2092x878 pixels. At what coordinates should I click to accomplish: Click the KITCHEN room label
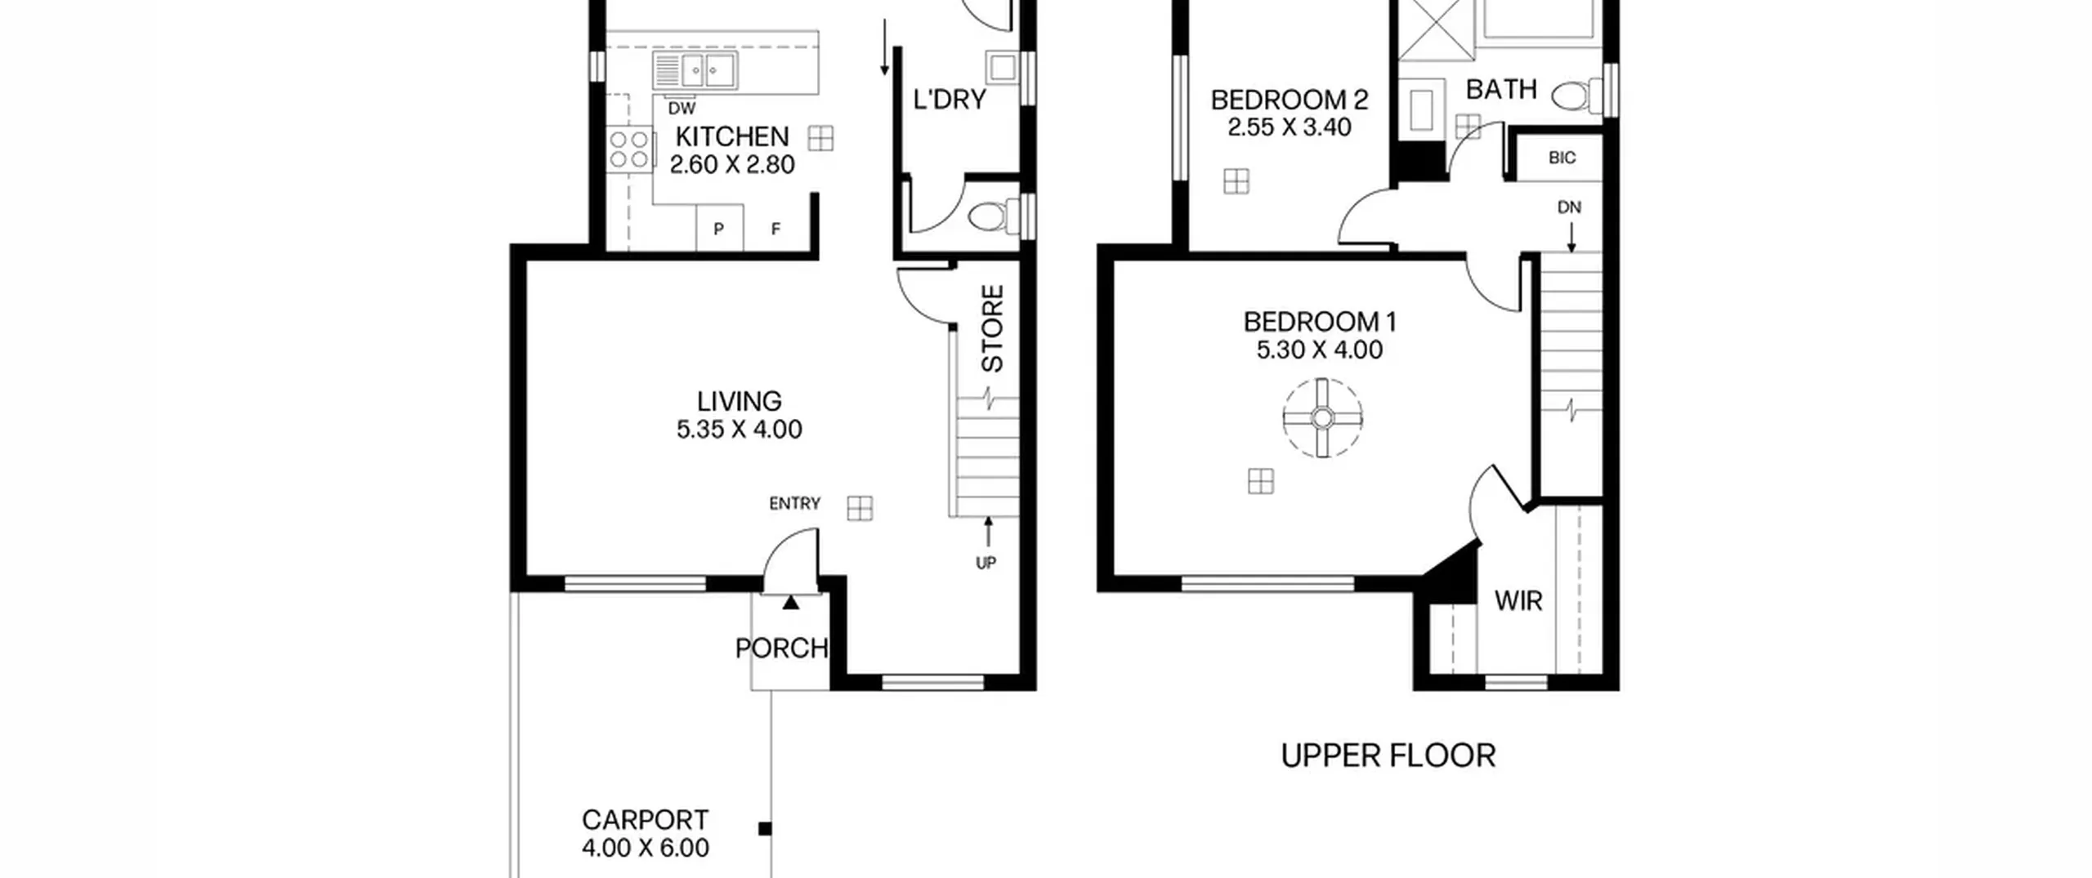pyautogui.click(x=732, y=136)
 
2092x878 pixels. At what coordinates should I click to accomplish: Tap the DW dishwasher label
pyautogui.click(x=682, y=109)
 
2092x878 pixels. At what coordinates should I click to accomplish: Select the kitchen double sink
pyautogui.click(x=695, y=70)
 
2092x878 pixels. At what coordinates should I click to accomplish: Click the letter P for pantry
pyautogui.click(x=718, y=230)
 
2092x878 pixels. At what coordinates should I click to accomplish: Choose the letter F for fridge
pyautogui.click(x=776, y=230)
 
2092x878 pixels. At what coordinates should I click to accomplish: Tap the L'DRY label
pyautogui.click(x=950, y=100)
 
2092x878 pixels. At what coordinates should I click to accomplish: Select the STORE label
pyautogui.click(x=992, y=328)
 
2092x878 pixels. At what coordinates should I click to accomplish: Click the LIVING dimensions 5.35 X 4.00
pyautogui.click(x=740, y=430)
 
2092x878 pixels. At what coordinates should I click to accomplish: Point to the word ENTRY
pyautogui.click(x=794, y=504)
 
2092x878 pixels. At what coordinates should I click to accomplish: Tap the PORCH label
pyautogui.click(x=782, y=648)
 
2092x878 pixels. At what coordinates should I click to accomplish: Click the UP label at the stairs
pyautogui.click(x=986, y=563)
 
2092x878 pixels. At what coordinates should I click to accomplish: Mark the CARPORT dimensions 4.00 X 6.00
pyautogui.click(x=646, y=848)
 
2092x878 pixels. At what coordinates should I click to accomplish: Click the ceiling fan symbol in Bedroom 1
pyautogui.click(x=1322, y=418)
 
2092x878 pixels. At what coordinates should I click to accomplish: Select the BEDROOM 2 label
pyautogui.click(x=1290, y=100)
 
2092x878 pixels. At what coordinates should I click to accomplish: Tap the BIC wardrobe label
pyautogui.click(x=1562, y=158)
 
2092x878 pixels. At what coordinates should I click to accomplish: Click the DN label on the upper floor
pyautogui.click(x=1569, y=207)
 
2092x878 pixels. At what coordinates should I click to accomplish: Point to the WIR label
pyautogui.click(x=1518, y=601)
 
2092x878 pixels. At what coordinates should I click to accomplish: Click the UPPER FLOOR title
pyautogui.click(x=1388, y=756)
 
